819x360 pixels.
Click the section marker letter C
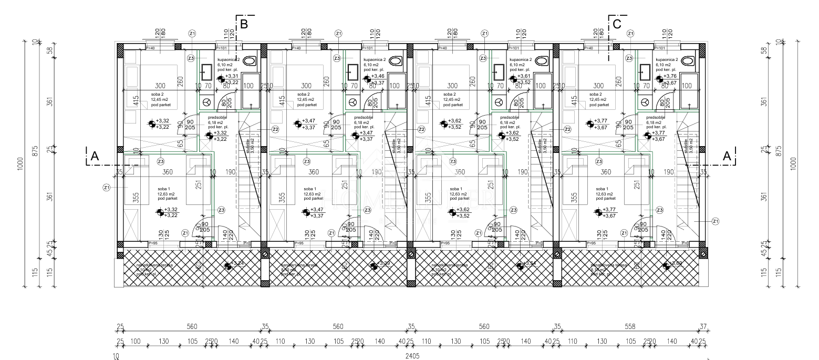(x=617, y=24)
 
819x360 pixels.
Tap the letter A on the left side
(x=95, y=156)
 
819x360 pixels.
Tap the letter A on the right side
(x=727, y=156)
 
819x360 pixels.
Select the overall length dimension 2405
(x=412, y=356)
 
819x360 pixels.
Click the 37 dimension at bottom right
(x=703, y=326)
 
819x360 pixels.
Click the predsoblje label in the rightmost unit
(x=656, y=118)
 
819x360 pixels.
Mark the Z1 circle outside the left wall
(x=106, y=187)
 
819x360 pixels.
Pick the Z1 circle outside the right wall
(x=715, y=221)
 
